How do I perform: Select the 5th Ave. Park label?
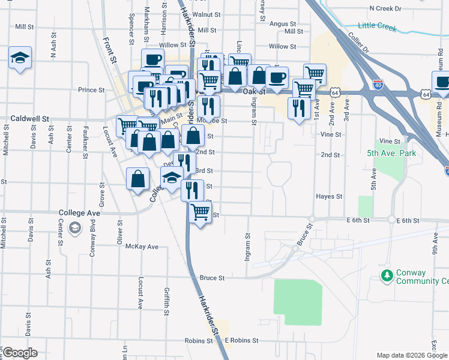click(x=391, y=153)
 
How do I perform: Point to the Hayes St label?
click(x=330, y=196)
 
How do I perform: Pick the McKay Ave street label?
click(x=139, y=247)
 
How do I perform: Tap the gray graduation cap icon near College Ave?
click(x=75, y=227)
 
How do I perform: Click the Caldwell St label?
click(x=30, y=119)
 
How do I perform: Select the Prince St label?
click(x=91, y=90)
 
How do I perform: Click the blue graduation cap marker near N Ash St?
click(x=20, y=58)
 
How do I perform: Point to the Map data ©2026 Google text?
click(x=411, y=355)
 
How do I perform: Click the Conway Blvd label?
click(x=92, y=241)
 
